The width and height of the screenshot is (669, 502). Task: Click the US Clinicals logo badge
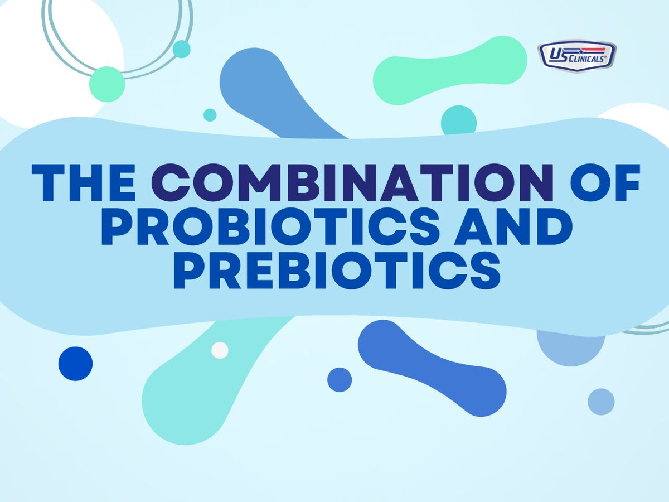(x=577, y=56)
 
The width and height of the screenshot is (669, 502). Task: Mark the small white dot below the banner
(x=220, y=350)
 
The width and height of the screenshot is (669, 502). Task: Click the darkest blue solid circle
(x=75, y=364)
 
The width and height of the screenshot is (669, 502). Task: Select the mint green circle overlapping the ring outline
(x=107, y=84)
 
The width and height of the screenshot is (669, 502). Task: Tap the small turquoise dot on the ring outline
(x=181, y=49)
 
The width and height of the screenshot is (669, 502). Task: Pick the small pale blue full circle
(x=601, y=402)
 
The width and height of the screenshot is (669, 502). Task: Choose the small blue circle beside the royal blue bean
(x=339, y=380)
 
